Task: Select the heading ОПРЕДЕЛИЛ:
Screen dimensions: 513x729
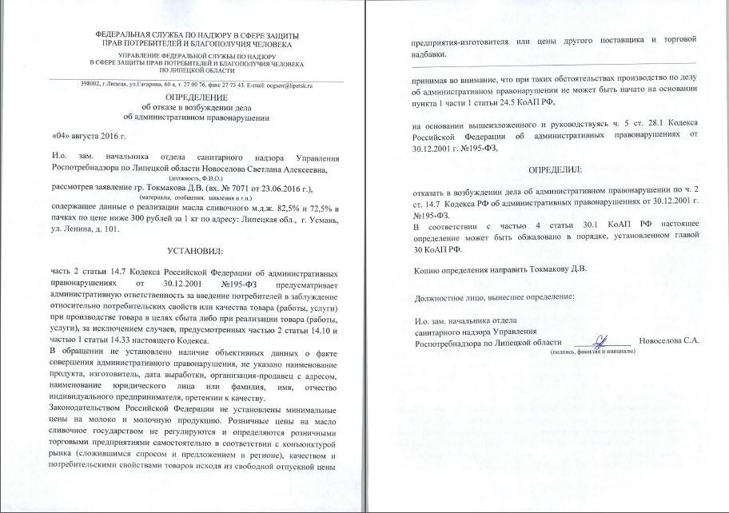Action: pyautogui.click(x=554, y=170)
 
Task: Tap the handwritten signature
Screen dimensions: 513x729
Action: pyautogui.click(x=601, y=341)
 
